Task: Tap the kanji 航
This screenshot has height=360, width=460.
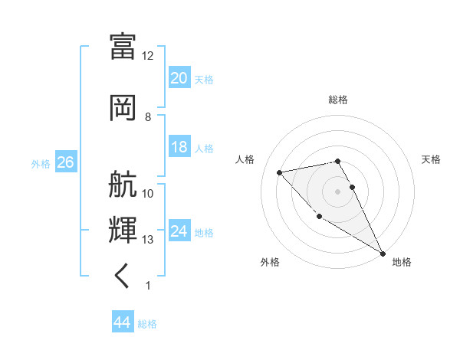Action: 123,185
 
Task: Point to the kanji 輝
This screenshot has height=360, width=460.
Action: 123,230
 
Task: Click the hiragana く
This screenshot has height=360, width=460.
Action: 123,275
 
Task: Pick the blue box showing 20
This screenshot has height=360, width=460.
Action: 179,78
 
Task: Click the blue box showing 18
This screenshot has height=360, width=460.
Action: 179,147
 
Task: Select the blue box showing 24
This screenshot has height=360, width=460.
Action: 179,231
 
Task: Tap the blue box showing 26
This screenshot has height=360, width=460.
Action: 65,162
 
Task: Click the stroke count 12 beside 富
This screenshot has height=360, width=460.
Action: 148,56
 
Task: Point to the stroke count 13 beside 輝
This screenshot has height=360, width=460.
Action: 148,240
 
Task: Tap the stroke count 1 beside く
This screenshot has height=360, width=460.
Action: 148,286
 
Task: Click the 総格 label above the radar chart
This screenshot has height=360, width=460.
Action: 337,100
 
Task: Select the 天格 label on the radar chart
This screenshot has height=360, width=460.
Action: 431,159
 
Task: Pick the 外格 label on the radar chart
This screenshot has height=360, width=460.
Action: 270,262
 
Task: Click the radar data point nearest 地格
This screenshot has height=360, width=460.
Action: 383,254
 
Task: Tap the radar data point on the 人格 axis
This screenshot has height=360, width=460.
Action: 280,172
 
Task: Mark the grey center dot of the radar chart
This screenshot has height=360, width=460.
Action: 337,191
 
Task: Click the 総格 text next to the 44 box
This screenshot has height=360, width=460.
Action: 148,324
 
